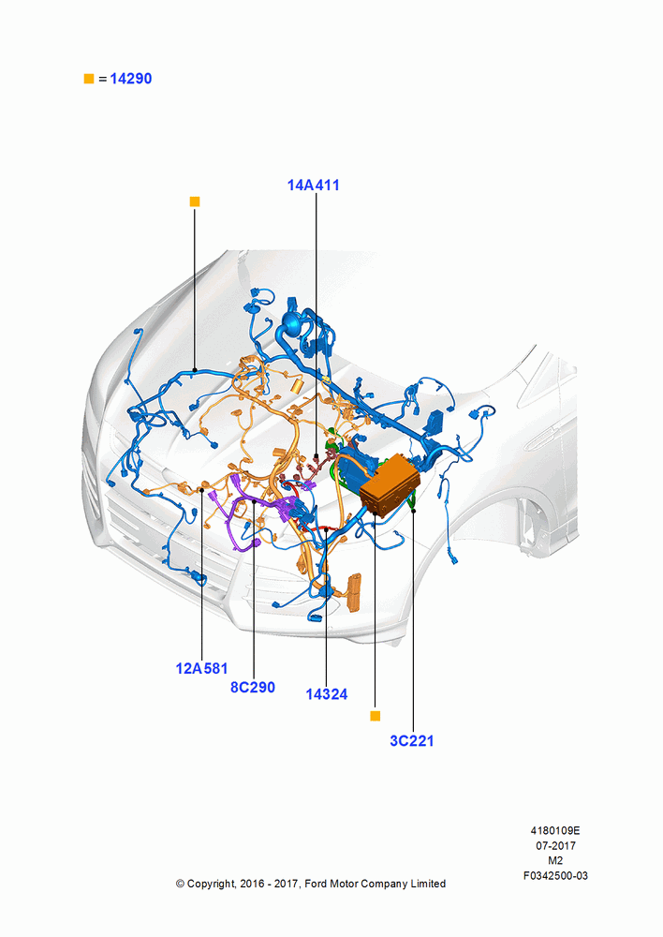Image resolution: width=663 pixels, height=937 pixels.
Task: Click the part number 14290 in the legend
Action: (x=131, y=79)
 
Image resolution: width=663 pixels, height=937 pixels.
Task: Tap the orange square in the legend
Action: (x=89, y=79)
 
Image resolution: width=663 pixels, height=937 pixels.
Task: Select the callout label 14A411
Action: (x=314, y=186)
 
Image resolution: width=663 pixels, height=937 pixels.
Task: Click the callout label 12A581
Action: (x=201, y=669)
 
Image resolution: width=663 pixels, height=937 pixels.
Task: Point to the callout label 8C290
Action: (x=253, y=687)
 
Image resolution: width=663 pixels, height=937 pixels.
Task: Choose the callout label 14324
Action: (x=327, y=694)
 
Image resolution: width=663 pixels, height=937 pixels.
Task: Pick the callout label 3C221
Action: (x=411, y=741)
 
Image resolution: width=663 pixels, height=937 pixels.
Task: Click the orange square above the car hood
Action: (x=195, y=202)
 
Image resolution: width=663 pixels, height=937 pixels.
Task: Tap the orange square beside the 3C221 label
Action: (x=376, y=716)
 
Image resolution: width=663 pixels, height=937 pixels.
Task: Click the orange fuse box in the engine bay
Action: (x=390, y=484)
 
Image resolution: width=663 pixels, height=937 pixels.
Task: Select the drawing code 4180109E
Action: (x=555, y=830)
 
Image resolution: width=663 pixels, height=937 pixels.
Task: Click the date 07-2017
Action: (x=555, y=845)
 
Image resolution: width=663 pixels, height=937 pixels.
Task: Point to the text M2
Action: (x=555, y=860)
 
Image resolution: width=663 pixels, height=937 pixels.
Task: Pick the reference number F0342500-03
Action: (x=555, y=875)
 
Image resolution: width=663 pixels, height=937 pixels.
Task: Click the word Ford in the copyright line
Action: (x=316, y=884)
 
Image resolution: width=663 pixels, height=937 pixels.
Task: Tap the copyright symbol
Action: (x=180, y=884)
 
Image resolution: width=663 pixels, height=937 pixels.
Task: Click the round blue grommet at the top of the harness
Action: (x=292, y=324)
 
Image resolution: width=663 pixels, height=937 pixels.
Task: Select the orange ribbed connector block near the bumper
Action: (x=354, y=591)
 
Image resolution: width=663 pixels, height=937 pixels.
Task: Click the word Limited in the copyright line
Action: (x=428, y=884)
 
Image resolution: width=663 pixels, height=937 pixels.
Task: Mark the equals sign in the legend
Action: (x=103, y=79)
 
